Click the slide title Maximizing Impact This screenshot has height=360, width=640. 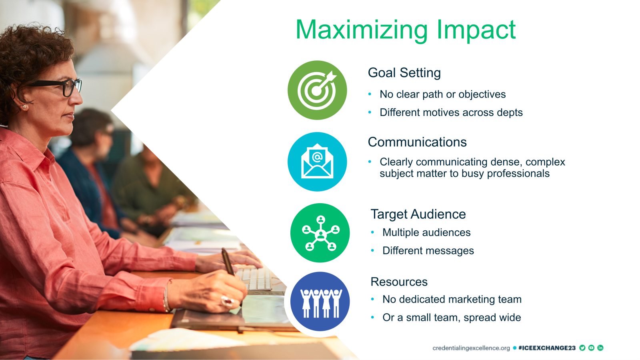point(406,30)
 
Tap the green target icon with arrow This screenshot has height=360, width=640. point(317,90)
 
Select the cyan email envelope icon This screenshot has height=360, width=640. point(317,162)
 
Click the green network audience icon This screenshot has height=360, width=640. point(320,233)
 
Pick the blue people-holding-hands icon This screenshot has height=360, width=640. point(320,302)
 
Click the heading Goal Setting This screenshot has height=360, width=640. point(404,73)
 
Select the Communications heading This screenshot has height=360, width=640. point(417,142)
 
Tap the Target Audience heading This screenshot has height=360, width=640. point(418,214)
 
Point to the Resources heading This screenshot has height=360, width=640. point(399,282)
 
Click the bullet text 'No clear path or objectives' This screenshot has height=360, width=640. point(442,94)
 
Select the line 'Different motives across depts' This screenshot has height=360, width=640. point(451,112)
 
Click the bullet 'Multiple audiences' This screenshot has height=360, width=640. point(426,232)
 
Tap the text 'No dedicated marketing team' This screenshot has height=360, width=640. point(452,300)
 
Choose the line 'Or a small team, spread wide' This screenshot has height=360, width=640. point(452,318)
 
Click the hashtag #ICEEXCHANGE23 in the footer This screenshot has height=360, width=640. point(547,348)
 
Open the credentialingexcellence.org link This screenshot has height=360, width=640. point(471,348)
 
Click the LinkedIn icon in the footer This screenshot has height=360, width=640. point(600,348)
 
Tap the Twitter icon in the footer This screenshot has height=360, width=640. point(582,348)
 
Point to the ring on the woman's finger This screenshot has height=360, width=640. point(228,301)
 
